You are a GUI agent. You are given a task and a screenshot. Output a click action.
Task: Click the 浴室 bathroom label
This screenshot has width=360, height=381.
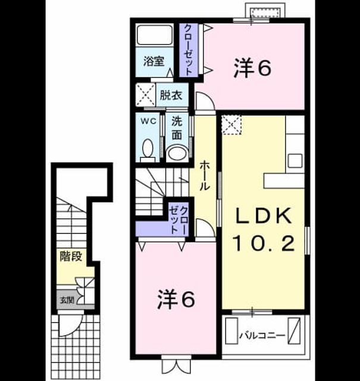(x=154, y=61)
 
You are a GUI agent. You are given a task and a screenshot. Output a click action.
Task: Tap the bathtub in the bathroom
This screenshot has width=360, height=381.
(x=155, y=35)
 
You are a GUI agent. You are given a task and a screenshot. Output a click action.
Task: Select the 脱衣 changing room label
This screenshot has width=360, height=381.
(x=171, y=95)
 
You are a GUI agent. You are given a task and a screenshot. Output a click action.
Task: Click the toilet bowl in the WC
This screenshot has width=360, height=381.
(x=148, y=150)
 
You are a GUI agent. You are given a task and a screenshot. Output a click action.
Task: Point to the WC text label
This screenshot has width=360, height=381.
(x=148, y=121)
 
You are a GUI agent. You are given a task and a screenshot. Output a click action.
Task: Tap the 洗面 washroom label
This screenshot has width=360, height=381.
(x=177, y=128)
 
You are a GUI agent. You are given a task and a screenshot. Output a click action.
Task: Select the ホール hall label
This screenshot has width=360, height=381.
(x=205, y=176)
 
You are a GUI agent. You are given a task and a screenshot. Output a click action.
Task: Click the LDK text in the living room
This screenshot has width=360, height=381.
(x=264, y=216)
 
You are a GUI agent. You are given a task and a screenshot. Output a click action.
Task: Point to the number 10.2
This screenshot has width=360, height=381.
(x=264, y=243)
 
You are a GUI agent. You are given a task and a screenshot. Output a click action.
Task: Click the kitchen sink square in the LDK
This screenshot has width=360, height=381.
(x=295, y=160)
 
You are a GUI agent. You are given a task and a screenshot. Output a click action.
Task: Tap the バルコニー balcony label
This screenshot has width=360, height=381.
(x=262, y=336)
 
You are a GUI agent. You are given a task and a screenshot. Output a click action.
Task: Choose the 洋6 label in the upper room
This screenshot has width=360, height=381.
(x=252, y=68)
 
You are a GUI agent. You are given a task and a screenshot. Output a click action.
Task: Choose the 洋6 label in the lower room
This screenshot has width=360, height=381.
(x=176, y=299)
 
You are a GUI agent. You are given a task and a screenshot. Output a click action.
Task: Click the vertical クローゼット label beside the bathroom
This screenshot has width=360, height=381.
(x=188, y=50)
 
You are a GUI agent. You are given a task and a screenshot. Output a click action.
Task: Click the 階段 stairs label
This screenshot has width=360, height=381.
(x=71, y=257)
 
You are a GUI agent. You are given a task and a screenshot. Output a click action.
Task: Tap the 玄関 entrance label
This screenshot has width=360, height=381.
(x=67, y=300)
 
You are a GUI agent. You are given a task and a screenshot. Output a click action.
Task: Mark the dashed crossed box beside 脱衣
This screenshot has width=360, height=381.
(x=145, y=95)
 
